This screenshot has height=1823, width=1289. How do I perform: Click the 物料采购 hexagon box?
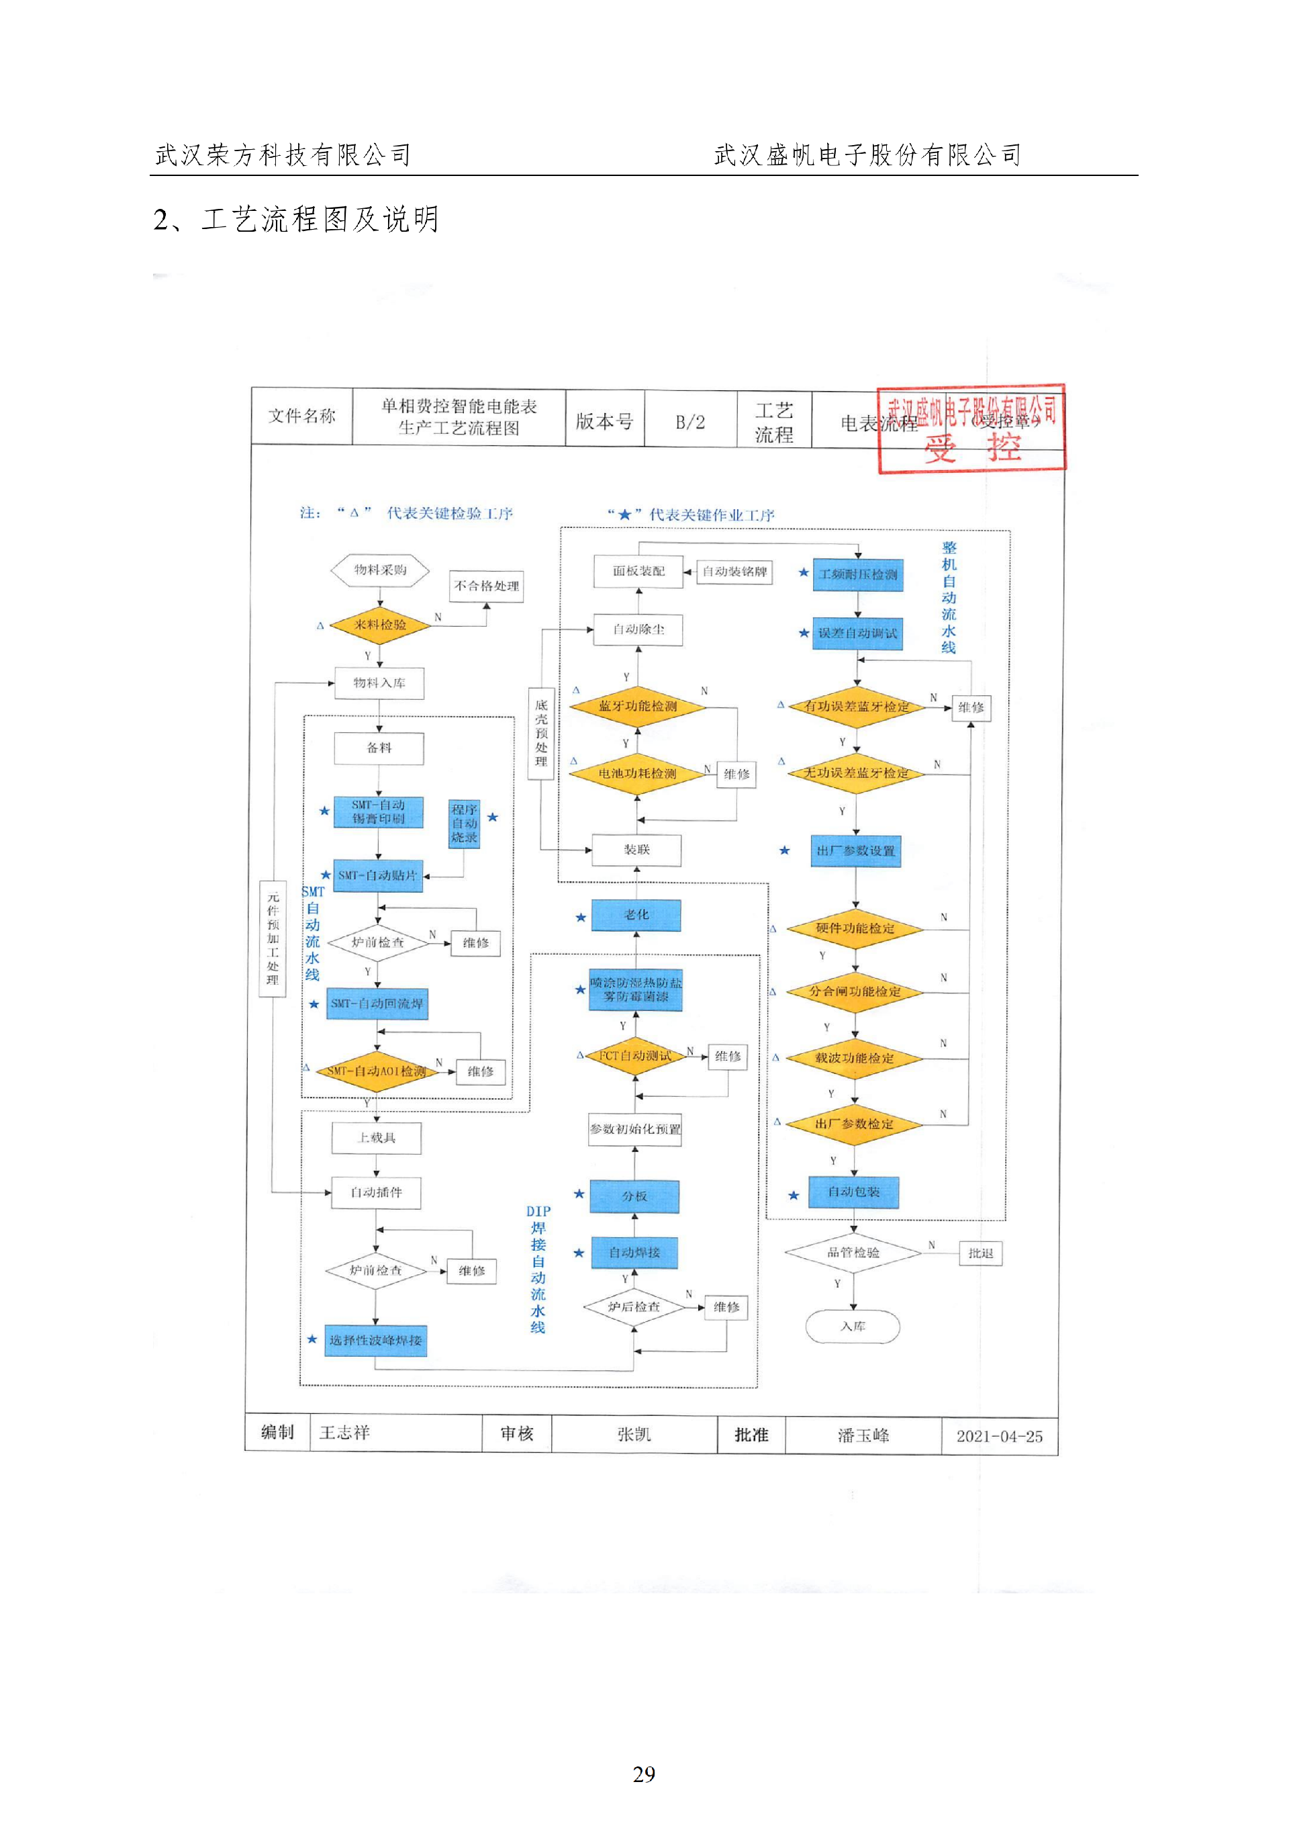(x=380, y=570)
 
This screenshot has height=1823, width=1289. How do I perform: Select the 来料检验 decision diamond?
(x=379, y=625)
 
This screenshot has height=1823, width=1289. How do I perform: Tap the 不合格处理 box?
(x=487, y=586)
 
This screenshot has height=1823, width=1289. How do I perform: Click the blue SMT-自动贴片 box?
(x=377, y=875)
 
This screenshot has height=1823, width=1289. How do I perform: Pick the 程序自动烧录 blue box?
(x=465, y=824)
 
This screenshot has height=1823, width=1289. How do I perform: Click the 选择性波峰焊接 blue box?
(x=375, y=1340)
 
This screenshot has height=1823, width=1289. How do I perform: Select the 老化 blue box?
(x=636, y=915)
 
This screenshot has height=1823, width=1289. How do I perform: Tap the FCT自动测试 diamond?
(x=634, y=1056)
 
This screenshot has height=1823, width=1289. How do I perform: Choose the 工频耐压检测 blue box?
(x=858, y=574)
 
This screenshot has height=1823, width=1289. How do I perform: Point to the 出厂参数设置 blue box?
(x=855, y=850)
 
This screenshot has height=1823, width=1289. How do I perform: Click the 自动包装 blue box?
(x=853, y=1192)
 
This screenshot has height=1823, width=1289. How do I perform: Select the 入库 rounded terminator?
(x=853, y=1327)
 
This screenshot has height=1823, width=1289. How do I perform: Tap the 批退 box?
(x=980, y=1253)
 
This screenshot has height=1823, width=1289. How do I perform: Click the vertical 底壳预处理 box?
(x=541, y=733)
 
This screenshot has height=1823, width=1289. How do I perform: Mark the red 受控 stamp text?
(x=971, y=449)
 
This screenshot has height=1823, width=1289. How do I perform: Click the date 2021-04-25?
(x=998, y=1436)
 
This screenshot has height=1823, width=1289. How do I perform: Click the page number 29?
(x=644, y=1774)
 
